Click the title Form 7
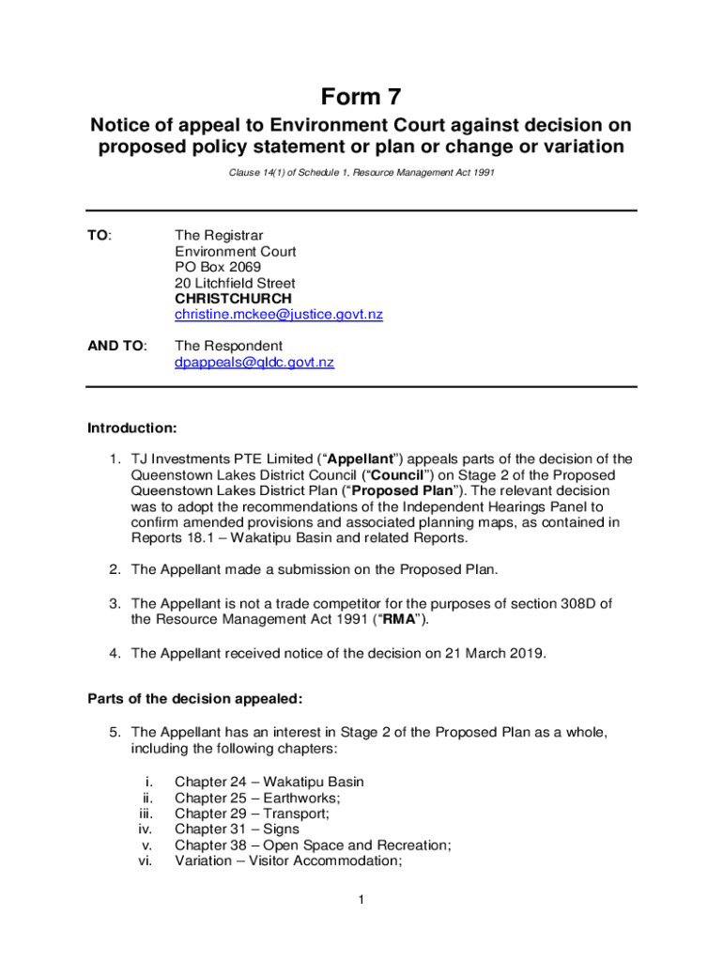[361, 97]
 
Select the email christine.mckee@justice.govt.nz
[279, 315]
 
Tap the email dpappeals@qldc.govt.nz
[254, 362]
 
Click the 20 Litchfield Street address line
[235, 283]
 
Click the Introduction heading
[132, 428]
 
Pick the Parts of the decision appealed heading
[195, 698]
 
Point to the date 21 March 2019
[493, 650]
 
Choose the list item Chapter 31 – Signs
[238, 830]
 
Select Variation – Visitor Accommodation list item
[288, 861]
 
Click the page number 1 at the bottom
[361, 901]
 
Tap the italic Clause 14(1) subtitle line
[361, 173]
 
